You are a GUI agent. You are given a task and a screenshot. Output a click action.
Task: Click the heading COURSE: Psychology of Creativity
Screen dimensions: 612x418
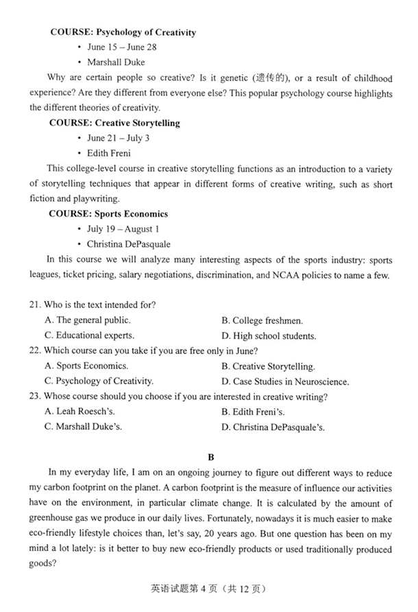pyautogui.click(x=123, y=32)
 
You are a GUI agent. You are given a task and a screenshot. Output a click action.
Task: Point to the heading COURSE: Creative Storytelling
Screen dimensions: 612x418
pyautogui.click(x=114, y=123)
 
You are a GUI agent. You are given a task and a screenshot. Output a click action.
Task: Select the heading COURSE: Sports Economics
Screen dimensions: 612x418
pyautogui.click(x=108, y=213)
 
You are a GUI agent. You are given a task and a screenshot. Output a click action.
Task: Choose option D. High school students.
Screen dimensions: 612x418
pyautogui.click(x=269, y=336)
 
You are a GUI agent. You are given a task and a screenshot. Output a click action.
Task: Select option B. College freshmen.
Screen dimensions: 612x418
pyautogui.click(x=262, y=320)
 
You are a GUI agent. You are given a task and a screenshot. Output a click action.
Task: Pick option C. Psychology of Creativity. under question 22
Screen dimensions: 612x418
pyautogui.click(x=99, y=381)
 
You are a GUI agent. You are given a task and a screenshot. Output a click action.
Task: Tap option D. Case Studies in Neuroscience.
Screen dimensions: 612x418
pyautogui.click(x=285, y=381)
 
